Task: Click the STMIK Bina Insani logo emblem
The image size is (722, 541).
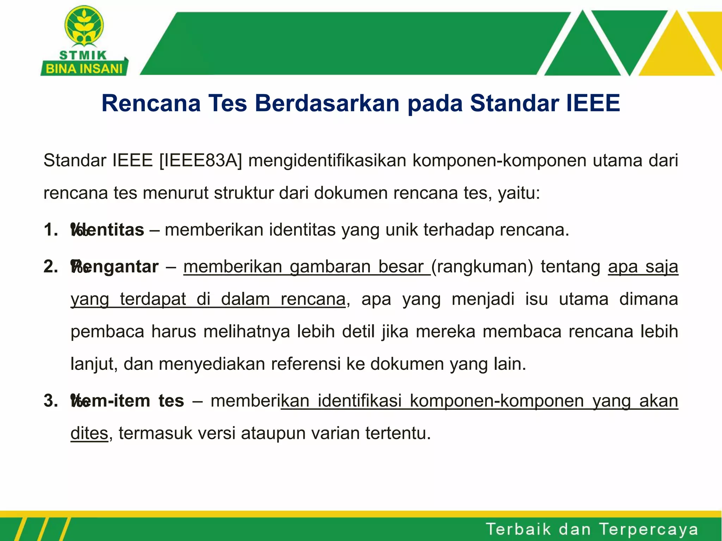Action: coord(84,26)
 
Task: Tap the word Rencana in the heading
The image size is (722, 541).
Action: coord(151,103)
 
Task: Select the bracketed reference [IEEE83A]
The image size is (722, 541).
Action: coord(201,161)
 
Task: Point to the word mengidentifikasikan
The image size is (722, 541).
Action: coord(328,161)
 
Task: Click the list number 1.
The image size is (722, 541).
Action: coord(50,230)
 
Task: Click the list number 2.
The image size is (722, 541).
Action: coord(50,267)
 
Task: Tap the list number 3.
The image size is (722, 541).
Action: coord(50,401)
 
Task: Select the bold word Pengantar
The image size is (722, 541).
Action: coord(115,267)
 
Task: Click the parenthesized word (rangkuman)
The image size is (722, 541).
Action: coord(482,267)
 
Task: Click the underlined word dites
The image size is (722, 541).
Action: coord(89,433)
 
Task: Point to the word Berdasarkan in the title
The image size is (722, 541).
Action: coord(328,103)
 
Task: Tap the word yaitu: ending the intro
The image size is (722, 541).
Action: coord(519,193)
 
